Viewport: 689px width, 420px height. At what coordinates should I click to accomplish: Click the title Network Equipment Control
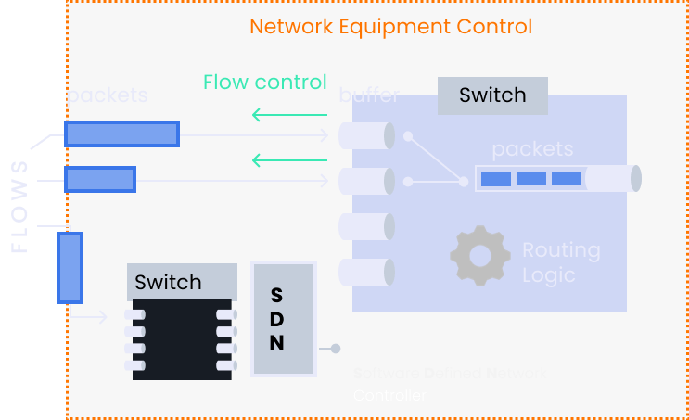point(390,26)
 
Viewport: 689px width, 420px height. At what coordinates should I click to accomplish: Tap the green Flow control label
point(265,83)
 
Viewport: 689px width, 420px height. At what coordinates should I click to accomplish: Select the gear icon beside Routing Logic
point(480,253)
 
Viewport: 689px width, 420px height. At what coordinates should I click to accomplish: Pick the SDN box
point(283,319)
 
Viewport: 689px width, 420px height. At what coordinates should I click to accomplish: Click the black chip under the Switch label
point(181,338)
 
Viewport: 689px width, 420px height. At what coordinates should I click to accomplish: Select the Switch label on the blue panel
point(492,95)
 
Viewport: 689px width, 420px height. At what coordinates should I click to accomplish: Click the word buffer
point(369,95)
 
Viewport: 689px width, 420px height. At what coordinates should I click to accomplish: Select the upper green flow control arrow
point(288,116)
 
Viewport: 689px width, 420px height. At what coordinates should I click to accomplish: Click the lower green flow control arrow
point(288,160)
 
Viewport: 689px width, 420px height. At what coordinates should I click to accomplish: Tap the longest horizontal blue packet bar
point(121,134)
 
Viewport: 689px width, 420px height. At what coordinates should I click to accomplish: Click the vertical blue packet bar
point(70,268)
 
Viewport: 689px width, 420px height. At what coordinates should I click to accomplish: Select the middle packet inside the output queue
point(530,178)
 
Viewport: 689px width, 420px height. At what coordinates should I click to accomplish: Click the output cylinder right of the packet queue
point(613,178)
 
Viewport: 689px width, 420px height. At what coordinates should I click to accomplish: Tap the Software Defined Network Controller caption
point(450,385)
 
